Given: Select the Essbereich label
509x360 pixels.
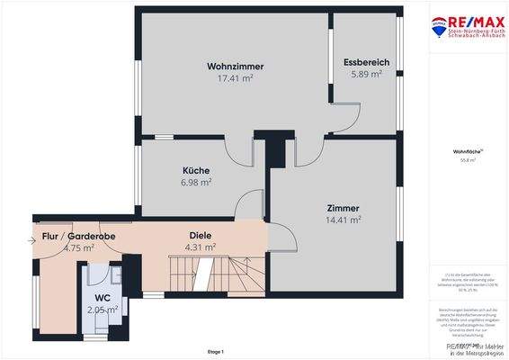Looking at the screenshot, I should point(366,62).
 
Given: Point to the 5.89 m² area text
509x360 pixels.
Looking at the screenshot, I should point(366,74).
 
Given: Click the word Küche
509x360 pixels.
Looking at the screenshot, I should point(196,170).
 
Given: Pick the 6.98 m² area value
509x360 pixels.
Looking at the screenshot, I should point(196,182).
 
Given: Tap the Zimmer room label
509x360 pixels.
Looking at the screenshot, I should point(343,207).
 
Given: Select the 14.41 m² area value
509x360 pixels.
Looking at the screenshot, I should point(343,219).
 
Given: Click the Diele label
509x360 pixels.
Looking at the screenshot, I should point(200,236).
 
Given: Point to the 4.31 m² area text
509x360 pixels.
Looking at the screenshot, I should point(200,247).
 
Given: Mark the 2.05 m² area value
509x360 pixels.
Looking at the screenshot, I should point(102,309).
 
